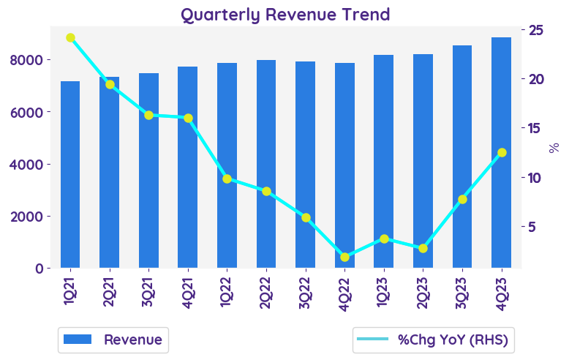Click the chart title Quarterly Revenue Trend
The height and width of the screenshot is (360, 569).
pyautogui.click(x=285, y=14)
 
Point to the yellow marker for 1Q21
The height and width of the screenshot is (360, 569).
pyautogui.click(x=70, y=37)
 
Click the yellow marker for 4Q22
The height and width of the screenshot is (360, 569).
pyautogui.click(x=344, y=257)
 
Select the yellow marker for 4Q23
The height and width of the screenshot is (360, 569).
pyautogui.click(x=502, y=152)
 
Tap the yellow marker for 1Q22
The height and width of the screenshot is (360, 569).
pyautogui.click(x=227, y=179)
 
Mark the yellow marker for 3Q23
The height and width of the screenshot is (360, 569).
pyautogui.click(x=462, y=199)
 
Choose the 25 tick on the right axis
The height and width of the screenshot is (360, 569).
pyautogui.click(x=535, y=30)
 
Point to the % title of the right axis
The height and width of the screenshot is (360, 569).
pyautogui.click(x=554, y=147)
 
